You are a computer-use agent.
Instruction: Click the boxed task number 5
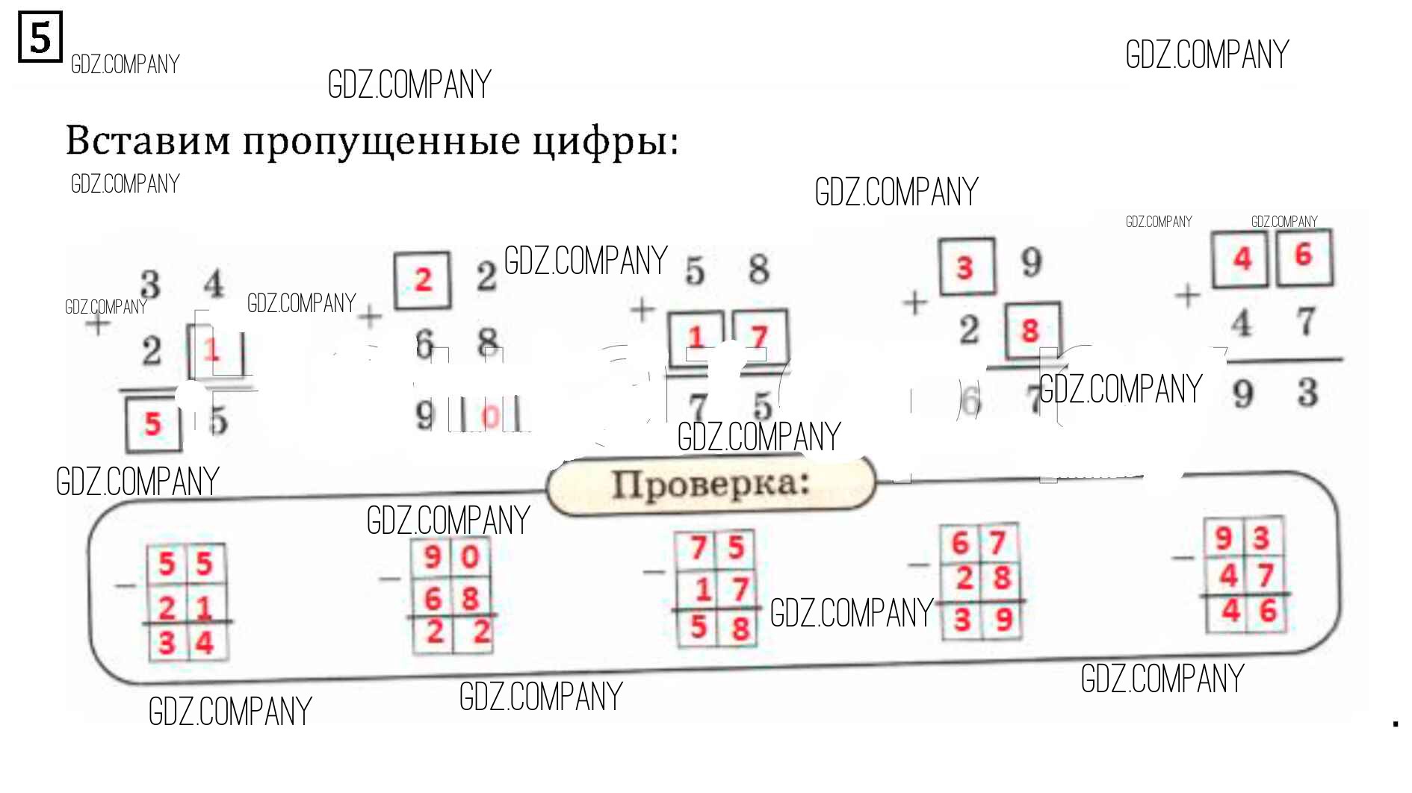pyautogui.click(x=40, y=37)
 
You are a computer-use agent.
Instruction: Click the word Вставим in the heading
pyautogui.click(x=148, y=140)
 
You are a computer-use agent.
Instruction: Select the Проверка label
pyautogui.click(x=710, y=484)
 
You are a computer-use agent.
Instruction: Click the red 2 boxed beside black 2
pyautogui.click(x=423, y=280)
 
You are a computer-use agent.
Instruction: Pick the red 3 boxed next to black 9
pyautogui.click(x=965, y=267)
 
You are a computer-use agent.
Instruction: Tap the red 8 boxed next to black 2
pyautogui.click(x=1031, y=330)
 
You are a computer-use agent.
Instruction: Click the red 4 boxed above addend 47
pyautogui.click(x=1242, y=259)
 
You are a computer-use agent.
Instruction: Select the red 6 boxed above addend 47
pyautogui.click(x=1304, y=255)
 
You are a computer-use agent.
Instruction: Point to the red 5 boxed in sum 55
pyautogui.click(x=153, y=424)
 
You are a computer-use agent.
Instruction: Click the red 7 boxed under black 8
pyautogui.click(x=759, y=338)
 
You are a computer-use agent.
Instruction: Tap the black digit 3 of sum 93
pyautogui.click(x=1307, y=392)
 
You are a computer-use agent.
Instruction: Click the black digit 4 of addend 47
pyautogui.click(x=1242, y=323)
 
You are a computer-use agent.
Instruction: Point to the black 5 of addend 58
pyautogui.click(x=695, y=270)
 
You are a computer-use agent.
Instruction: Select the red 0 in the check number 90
pyautogui.click(x=470, y=557)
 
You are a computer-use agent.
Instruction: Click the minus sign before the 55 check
pyautogui.click(x=126, y=585)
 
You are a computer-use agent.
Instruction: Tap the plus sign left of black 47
pyautogui.click(x=1187, y=296)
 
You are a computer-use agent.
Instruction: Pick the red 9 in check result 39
pyautogui.click(x=1003, y=619)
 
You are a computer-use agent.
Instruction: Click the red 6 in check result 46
pyautogui.click(x=1268, y=612)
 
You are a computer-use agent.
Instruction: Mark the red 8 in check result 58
pyautogui.click(x=740, y=628)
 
